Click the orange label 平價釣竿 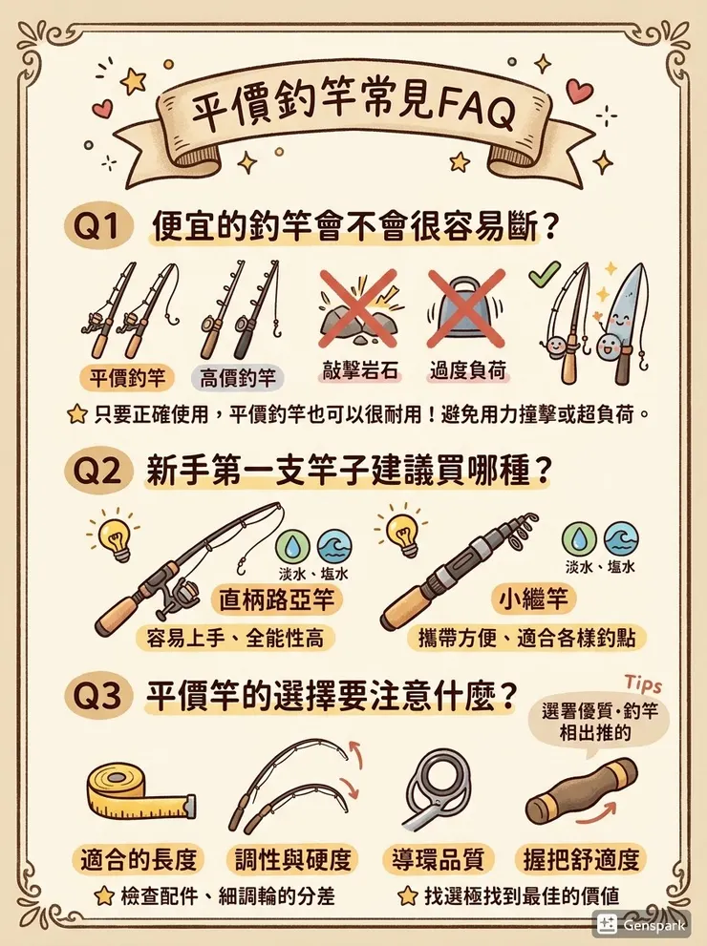[126, 377]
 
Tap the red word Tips [642, 684]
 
